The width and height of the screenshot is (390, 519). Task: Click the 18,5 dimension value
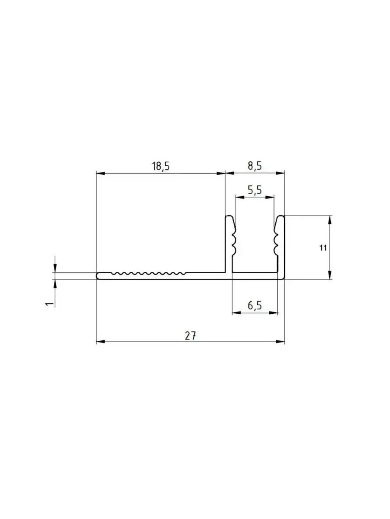(x=161, y=166)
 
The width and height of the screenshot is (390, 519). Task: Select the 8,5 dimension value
(x=255, y=166)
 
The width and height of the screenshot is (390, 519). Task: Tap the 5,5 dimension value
(x=255, y=190)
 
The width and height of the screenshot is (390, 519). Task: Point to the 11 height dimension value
(x=323, y=248)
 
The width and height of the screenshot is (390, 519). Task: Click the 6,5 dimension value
(x=255, y=306)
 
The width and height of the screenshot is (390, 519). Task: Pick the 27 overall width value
(x=190, y=336)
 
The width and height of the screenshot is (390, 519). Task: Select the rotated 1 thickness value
(x=49, y=304)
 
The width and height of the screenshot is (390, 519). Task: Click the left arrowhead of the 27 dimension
(x=100, y=342)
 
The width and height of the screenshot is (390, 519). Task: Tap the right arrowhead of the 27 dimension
(x=280, y=342)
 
